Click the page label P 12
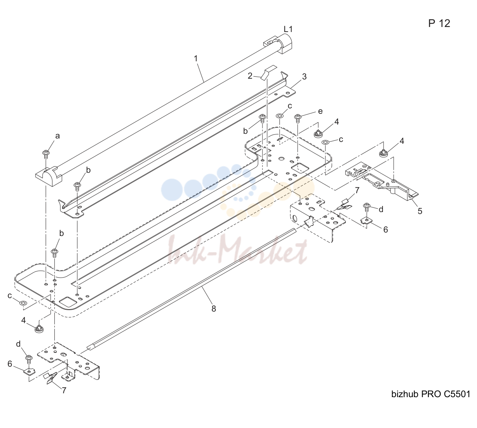tap(439, 23)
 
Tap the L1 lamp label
tap(288, 29)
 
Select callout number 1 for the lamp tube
tap(195, 59)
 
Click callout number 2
tap(250, 76)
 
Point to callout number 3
tap(304, 76)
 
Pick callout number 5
tap(420, 211)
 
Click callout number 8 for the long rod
tap(213, 309)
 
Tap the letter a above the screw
tap(58, 136)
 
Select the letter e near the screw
tap(320, 111)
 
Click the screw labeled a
tap(46, 155)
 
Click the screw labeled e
tap(298, 118)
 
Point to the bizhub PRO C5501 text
tap(431, 394)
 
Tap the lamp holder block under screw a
tap(49, 176)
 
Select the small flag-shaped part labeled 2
tap(268, 72)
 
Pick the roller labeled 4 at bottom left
tap(38, 329)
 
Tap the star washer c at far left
tap(23, 303)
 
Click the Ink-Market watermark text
tap(237, 250)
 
